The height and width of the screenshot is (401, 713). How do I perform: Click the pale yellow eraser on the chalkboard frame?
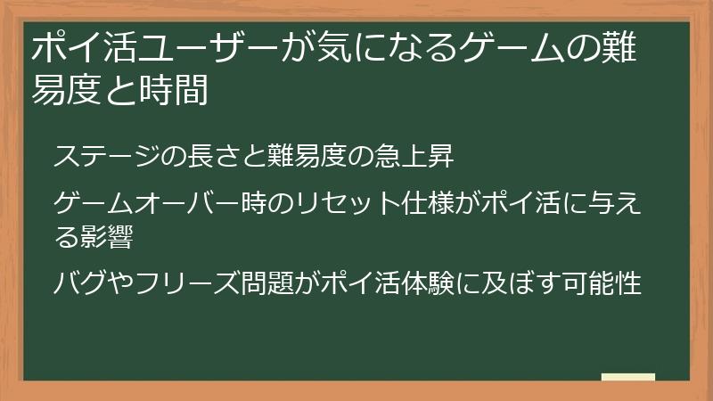click(x=627, y=377)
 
